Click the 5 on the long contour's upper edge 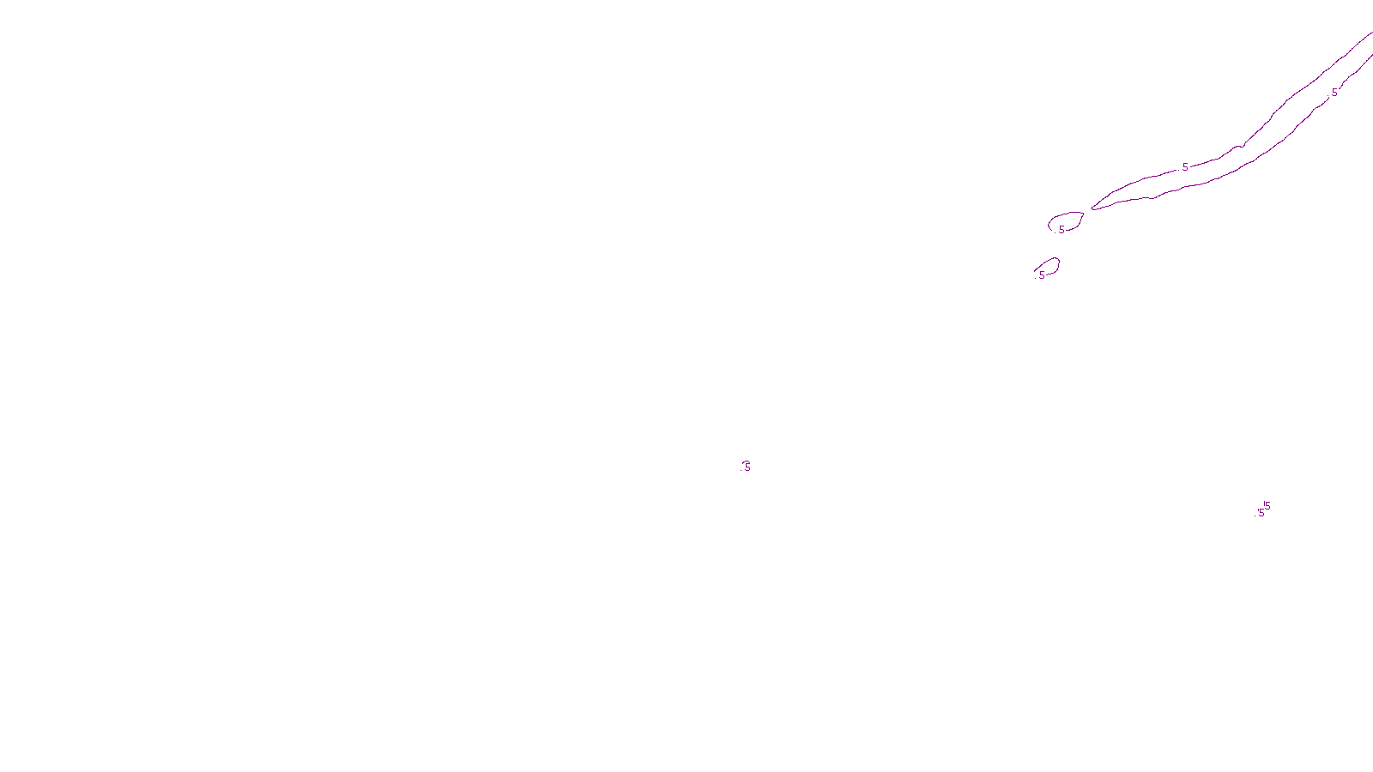[x=1185, y=167]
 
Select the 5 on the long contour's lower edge [x=1334, y=93]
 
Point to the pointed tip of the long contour [x=1092, y=208]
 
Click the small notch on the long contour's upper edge [x=1240, y=146]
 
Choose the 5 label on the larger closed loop [x=1062, y=230]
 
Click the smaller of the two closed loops [x=1048, y=267]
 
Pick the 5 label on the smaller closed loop [x=1042, y=275]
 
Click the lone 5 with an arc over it [x=747, y=467]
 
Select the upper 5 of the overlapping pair [x=1267, y=506]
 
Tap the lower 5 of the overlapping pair [x=1261, y=513]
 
